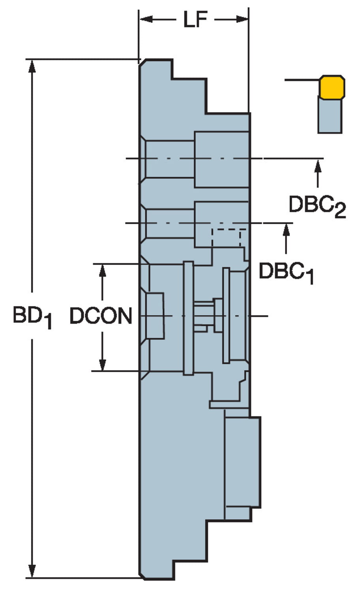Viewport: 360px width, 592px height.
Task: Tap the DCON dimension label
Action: pyautogui.click(x=101, y=316)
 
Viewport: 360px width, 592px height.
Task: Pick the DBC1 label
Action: pyautogui.click(x=286, y=272)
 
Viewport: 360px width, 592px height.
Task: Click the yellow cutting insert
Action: pyautogui.click(x=332, y=87)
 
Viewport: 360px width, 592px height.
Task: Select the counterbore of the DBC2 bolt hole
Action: pyautogui.click(x=221, y=159)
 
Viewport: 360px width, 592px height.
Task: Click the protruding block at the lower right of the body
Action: pyautogui.click(x=242, y=462)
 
